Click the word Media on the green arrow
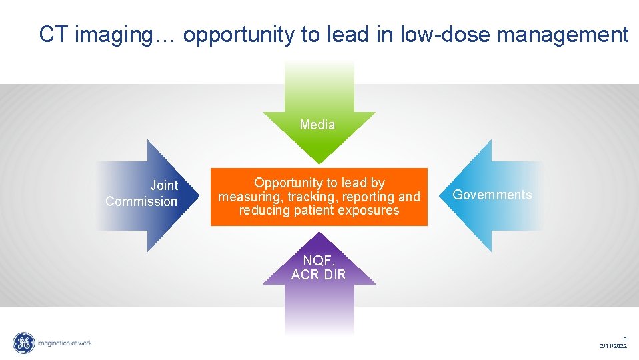[317, 125]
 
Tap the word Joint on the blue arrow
[164, 186]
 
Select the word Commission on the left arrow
[141, 201]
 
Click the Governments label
[492, 195]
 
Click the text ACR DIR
[319, 275]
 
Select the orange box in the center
[319, 197]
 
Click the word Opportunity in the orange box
[287, 183]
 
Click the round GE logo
[24, 343]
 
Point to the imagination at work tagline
[65, 343]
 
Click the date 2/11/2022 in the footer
[613, 346]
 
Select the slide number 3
[625, 339]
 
